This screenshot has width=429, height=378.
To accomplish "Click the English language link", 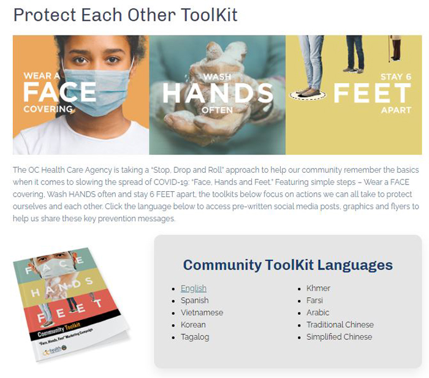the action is click(194, 289).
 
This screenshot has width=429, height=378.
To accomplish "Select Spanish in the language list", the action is click(194, 300).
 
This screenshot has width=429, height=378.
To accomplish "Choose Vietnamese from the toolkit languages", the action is click(202, 312).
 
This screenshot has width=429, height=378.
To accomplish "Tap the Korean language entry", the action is click(193, 325).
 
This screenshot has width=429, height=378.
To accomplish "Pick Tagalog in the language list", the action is click(195, 337).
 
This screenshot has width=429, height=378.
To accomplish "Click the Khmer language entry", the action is click(318, 289).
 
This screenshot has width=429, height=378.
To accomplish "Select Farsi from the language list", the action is click(314, 300).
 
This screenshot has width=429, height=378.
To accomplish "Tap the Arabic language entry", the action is click(317, 312).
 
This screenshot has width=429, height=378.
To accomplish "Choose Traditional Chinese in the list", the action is click(340, 325).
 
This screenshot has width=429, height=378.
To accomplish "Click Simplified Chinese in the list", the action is click(340, 337).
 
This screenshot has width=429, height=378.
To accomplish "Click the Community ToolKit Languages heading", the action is click(288, 265).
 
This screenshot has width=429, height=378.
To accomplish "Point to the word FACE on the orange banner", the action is click(59, 92).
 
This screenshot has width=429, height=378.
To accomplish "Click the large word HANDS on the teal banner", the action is click(218, 93).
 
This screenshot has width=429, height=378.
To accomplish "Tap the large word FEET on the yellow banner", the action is click(373, 93).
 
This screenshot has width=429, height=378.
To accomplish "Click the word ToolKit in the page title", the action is click(209, 15).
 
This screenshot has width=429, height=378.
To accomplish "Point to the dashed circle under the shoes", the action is click(308, 95).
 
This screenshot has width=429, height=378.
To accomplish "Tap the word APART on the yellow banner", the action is click(396, 110).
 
